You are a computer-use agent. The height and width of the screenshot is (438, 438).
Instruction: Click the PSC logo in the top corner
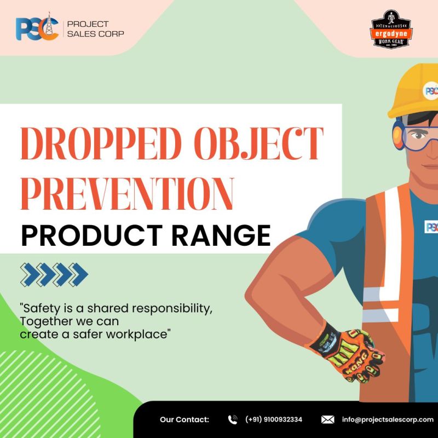37,28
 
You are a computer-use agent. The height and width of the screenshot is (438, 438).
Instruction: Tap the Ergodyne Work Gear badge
391,28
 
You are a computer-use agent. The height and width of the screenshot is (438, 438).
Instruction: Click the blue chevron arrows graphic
54,273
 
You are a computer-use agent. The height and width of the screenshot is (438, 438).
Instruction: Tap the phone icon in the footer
233,419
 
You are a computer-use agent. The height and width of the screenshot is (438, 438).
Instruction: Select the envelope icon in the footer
327,419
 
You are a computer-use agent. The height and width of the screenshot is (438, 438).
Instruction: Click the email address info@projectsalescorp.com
388,419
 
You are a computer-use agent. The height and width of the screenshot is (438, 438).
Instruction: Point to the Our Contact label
185,419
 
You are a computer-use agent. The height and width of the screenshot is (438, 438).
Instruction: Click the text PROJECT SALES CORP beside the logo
95,28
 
